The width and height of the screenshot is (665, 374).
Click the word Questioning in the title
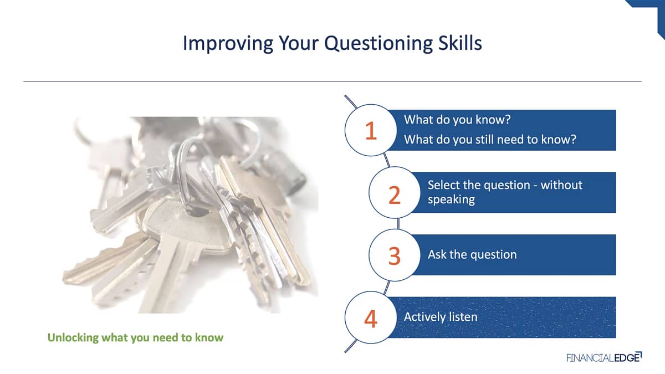[378, 44]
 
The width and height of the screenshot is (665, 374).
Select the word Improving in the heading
[228, 44]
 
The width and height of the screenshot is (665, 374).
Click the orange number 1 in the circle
[371, 131]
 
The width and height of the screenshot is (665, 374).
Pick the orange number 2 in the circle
[395, 195]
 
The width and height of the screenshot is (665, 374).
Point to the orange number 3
[395, 256]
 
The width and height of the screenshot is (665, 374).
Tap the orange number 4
[371, 319]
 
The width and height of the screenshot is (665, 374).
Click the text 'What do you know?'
[457, 120]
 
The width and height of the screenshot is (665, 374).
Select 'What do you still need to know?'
[490, 140]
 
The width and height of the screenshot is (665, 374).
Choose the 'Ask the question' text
[472, 255]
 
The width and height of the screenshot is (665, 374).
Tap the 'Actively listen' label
[441, 317]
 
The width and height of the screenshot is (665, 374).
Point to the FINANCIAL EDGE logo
[604, 357]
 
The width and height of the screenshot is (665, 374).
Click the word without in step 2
[561, 185]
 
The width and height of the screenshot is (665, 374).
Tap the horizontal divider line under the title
[332, 81]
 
